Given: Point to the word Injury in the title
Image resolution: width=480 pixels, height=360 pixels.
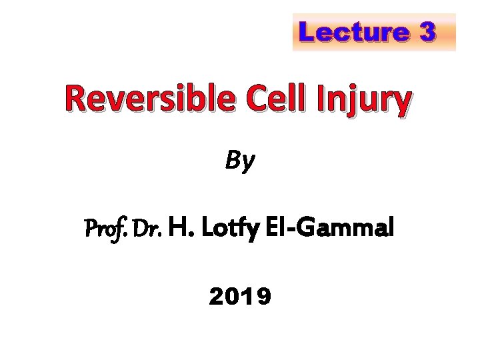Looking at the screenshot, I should pos(364,101).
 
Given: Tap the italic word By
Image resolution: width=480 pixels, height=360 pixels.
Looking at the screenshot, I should pos(239,160).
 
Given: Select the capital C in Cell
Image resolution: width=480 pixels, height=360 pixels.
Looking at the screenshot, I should pos(254,100).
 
